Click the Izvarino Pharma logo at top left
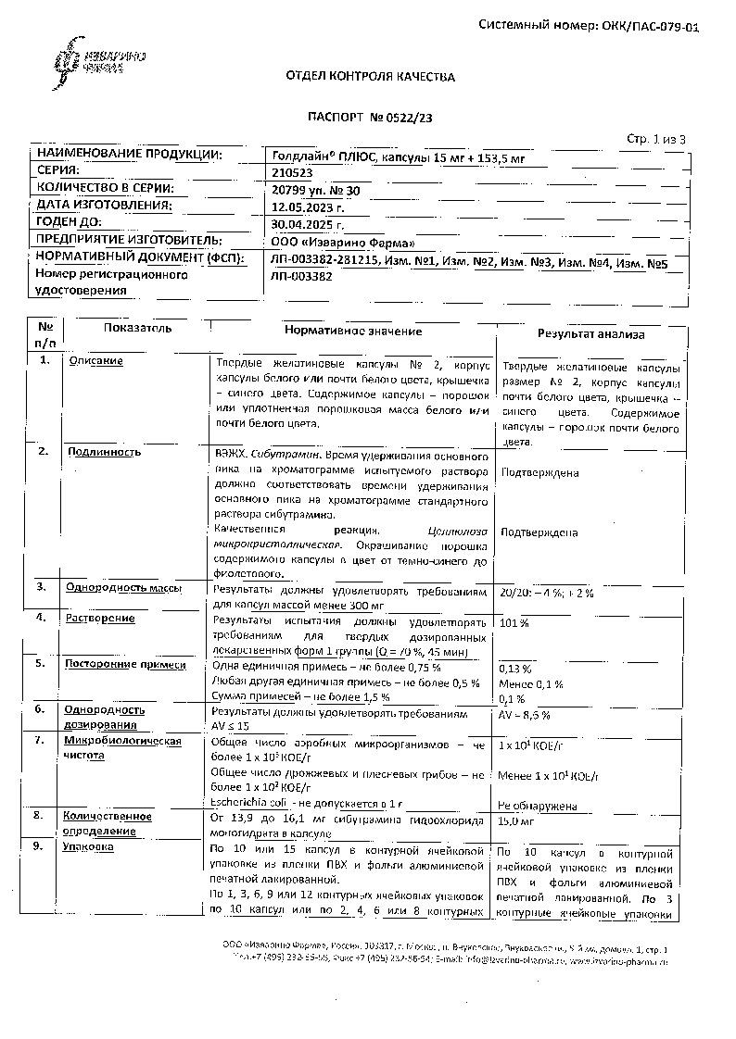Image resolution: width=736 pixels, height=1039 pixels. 87,61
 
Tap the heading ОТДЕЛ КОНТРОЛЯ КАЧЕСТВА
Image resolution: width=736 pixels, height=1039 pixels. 371,77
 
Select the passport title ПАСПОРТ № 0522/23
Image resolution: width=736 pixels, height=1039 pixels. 370,118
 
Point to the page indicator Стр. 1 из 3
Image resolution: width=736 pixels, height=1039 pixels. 655,139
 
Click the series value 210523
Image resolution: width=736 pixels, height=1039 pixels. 293,171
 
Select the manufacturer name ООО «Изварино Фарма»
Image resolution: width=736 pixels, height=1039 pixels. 331,241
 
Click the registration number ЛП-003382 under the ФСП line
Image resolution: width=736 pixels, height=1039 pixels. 302,275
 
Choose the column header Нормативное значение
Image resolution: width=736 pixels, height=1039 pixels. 353,331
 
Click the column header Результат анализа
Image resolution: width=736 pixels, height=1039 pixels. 591,334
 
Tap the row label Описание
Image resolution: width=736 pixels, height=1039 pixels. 95,361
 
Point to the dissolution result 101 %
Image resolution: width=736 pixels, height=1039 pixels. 514,622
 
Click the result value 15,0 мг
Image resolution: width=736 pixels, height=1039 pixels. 516,820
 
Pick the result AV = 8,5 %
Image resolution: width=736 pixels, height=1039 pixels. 525,715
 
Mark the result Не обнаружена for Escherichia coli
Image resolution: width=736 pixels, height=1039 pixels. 538,806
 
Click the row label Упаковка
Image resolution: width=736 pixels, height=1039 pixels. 89,846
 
